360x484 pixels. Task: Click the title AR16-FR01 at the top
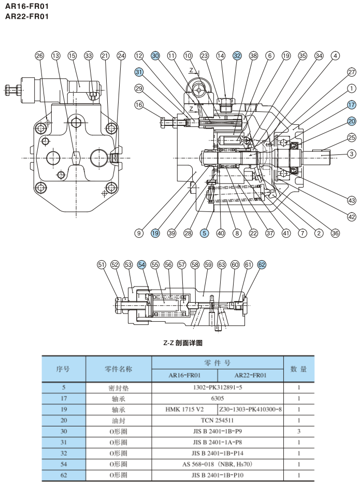click(27, 6)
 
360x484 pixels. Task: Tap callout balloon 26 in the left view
click(40, 55)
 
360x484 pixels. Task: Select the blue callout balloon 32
click(237, 55)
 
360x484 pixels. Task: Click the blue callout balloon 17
click(352, 105)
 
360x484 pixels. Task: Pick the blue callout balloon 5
click(205, 233)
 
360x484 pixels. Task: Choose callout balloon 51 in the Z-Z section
click(102, 265)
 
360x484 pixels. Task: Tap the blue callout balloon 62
click(262, 265)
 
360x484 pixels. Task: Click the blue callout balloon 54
click(142, 265)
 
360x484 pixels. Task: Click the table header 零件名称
click(118, 369)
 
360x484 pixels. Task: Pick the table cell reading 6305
click(218, 398)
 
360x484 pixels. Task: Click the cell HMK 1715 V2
click(184, 409)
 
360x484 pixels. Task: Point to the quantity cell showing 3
click(299, 431)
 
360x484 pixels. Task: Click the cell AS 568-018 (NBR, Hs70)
click(218, 464)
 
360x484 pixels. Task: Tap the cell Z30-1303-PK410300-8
click(251, 409)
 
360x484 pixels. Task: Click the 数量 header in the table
click(299, 369)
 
